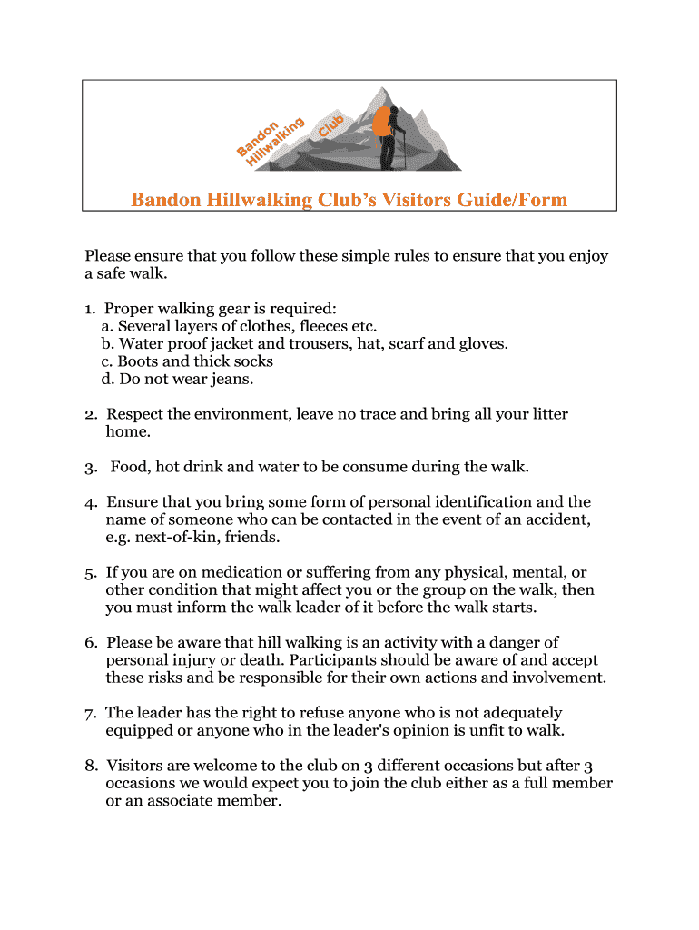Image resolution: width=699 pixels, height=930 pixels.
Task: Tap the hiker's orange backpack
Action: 381,123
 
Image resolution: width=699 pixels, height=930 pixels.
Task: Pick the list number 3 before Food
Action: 91,468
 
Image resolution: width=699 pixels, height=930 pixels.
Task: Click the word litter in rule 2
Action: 546,414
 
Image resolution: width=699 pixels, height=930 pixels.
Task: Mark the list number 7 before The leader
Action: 91,713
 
